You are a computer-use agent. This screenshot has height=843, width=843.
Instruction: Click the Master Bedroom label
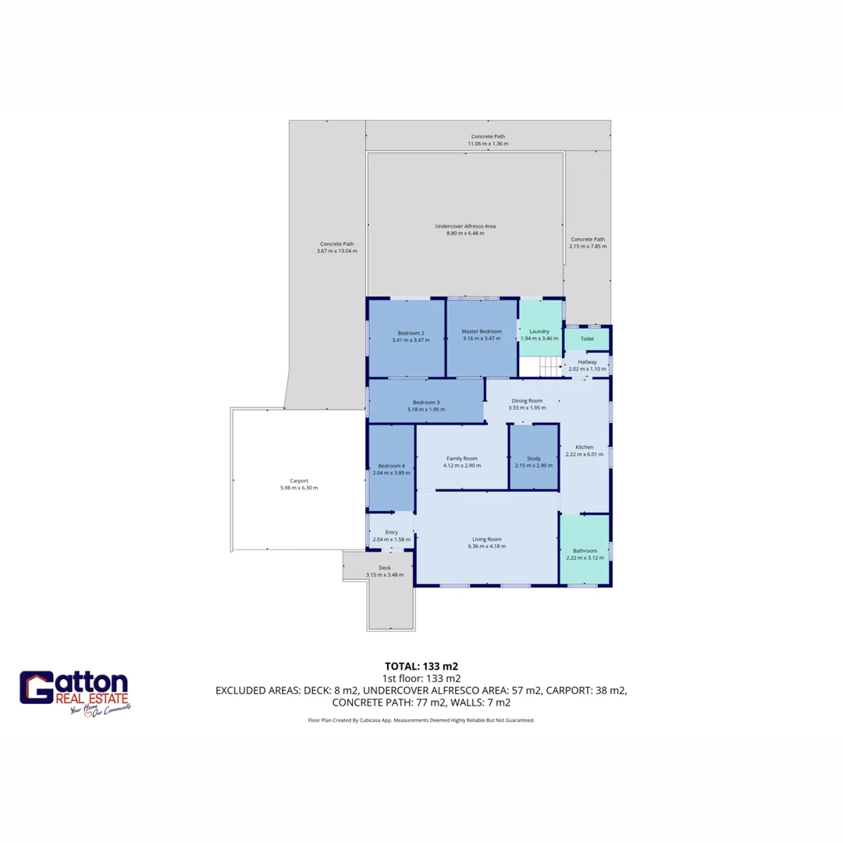click(482, 332)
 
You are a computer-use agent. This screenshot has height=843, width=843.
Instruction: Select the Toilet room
click(587, 339)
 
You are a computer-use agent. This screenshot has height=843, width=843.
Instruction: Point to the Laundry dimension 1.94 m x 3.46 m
click(539, 338)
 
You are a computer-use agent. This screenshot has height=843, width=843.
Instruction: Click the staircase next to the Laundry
click(541, 366)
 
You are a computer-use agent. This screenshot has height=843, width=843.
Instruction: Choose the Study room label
click(533, 458)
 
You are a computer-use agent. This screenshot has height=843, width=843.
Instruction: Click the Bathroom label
click(585, 550)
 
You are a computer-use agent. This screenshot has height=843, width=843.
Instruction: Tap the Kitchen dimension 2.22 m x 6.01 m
click(585, 454)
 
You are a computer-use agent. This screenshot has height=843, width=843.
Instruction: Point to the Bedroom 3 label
click(426, 402)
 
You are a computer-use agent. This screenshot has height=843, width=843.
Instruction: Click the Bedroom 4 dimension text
click(391, 473)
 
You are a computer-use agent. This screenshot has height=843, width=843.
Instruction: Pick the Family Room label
click(461, 458)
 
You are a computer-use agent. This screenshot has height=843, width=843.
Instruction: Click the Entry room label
click(391, 532)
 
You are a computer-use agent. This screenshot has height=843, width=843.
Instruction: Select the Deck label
click(385, 567)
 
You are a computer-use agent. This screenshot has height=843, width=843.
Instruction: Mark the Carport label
click(299, 481)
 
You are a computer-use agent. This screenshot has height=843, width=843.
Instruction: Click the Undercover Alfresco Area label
click(465, 226)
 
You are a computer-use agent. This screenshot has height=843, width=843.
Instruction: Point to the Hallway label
click(587, 362)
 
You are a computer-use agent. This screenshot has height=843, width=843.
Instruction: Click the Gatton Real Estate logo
click(75, 692)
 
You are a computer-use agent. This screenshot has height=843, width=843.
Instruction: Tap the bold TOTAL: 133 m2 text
click(421, 667)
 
